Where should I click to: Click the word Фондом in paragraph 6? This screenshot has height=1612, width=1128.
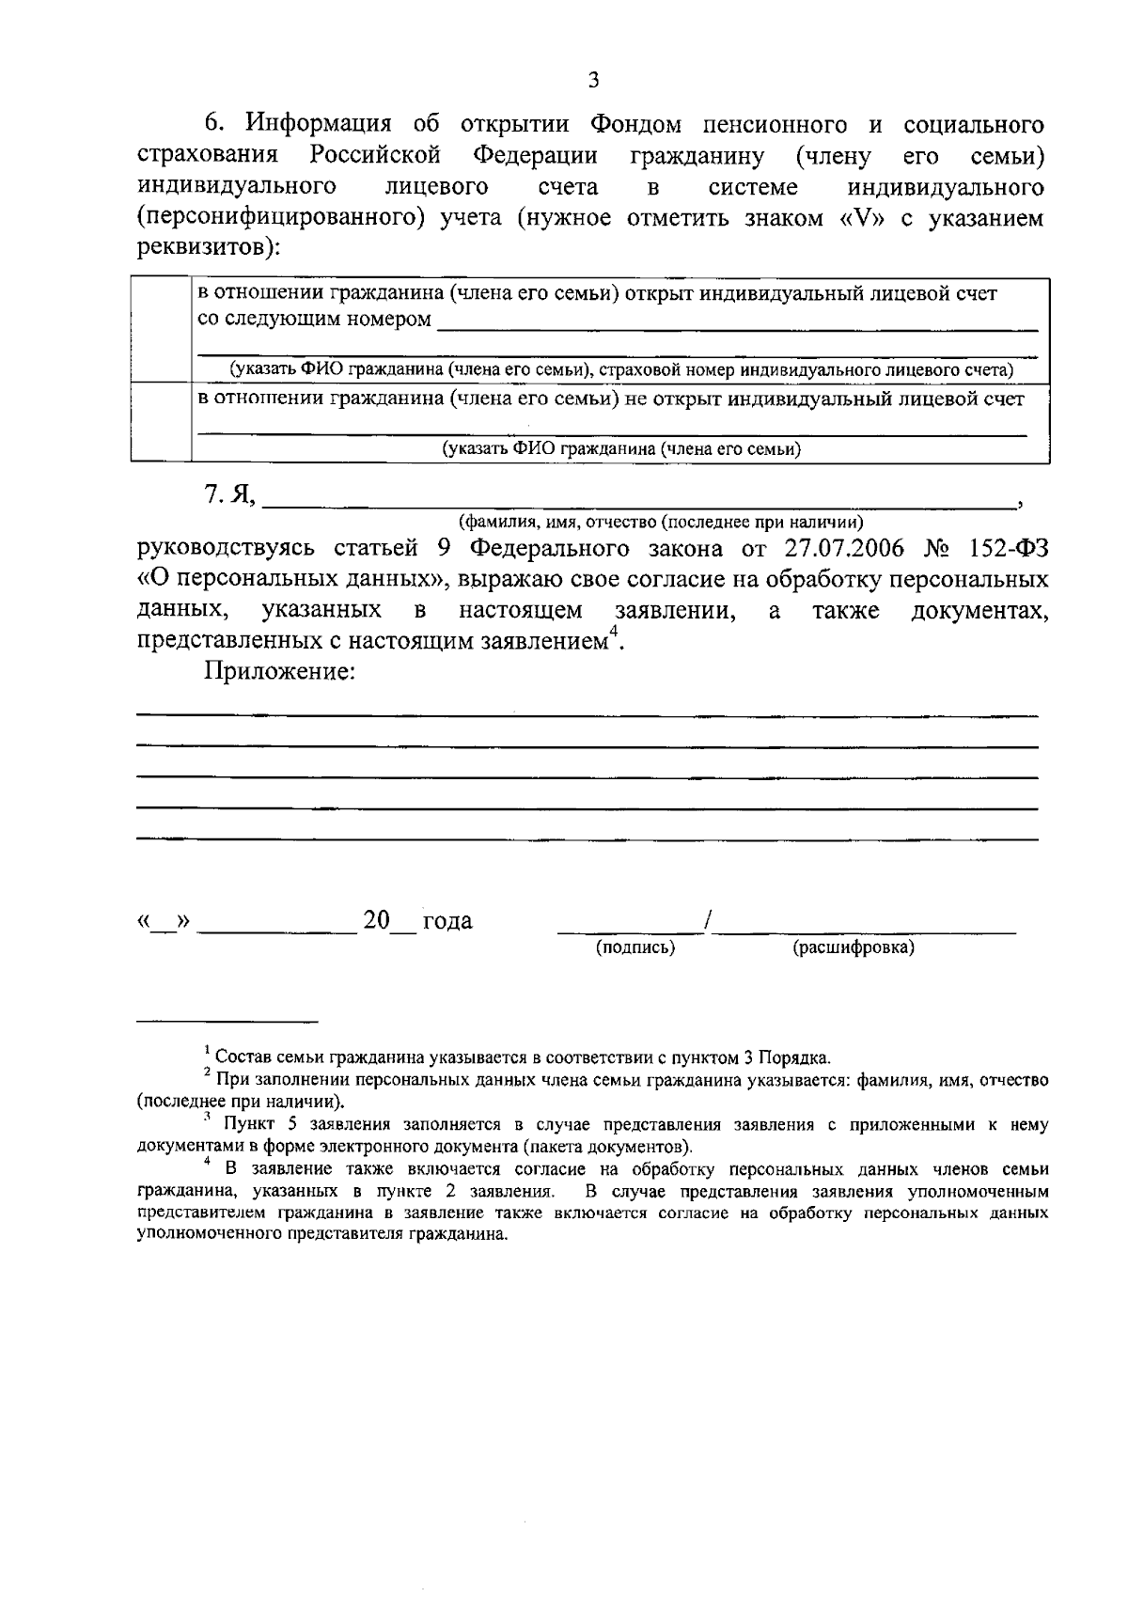point(644,125)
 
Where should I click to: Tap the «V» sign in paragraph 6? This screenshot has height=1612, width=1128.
point(847,219)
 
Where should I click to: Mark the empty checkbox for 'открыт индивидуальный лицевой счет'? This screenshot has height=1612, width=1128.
point(161,330)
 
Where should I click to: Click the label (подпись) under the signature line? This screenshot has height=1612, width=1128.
point(636,947)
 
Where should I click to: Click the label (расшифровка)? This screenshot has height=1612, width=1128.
point(854,947)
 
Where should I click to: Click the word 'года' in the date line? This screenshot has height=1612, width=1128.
point(447,921)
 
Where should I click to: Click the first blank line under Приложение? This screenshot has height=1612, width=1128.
point(587,716)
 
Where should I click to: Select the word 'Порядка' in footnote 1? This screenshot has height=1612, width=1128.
point(800,1057)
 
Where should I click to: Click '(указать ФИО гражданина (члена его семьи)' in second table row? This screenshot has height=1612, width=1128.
point(622,449)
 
